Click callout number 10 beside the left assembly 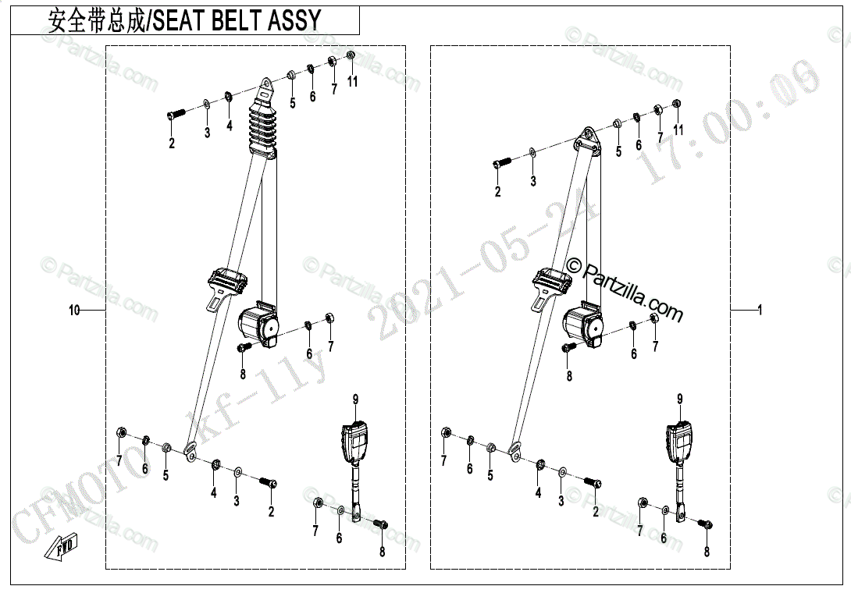coord(74,311)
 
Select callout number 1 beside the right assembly coord(759,311)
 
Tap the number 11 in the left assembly coord(353,82)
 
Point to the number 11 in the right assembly coord(678,130)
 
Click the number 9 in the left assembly coord(355,399)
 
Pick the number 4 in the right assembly coord(538,493)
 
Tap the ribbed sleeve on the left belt coord(262,129)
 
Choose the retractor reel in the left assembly coord(257,323)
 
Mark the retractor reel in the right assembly coord(582,324)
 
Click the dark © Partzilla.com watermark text coord(625,289)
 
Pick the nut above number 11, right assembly coord(676,104)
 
